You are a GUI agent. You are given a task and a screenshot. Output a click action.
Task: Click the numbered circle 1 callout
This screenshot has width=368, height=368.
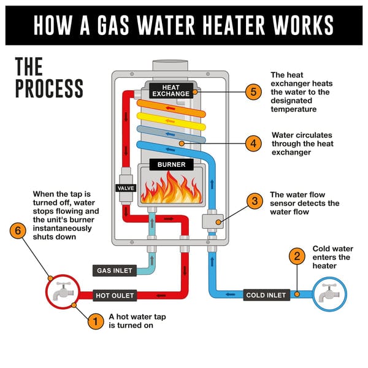(95, 321)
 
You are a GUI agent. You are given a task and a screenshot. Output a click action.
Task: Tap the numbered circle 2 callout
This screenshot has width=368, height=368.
(296, 256)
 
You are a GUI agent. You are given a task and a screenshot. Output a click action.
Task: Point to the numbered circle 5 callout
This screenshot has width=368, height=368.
(254, 92)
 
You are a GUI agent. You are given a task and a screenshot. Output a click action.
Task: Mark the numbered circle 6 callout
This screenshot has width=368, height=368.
(20, 232)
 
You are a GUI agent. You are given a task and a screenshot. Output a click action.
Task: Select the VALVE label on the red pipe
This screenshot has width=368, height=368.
(125, 188)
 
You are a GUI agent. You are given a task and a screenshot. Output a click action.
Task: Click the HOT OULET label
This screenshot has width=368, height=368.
(115, 296)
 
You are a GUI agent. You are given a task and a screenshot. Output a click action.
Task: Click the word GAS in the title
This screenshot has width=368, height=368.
(120, 24)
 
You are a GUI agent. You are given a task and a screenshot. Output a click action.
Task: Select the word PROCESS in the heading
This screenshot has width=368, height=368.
(49, 88)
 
